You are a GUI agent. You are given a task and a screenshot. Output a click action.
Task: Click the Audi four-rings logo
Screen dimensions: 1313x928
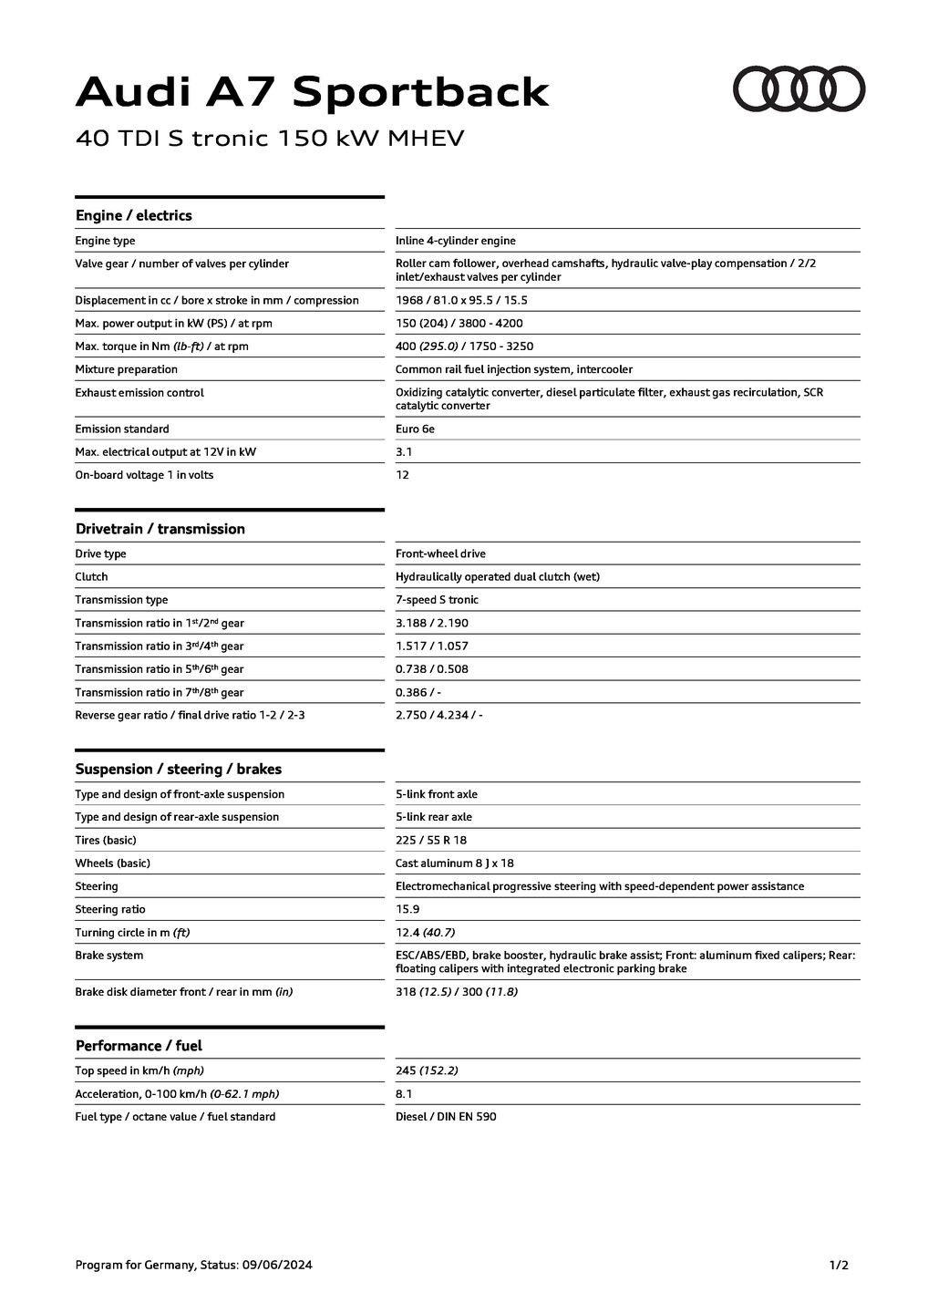tap(799, 89)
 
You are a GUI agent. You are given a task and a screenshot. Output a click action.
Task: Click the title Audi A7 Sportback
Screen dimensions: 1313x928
tap(312, 92)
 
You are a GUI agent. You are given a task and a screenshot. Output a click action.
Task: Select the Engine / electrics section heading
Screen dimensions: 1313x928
tap(133, 215)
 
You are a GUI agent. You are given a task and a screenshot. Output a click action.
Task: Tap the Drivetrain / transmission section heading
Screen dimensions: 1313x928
tap(160, 529)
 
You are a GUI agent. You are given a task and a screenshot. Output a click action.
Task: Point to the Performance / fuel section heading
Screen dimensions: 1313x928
tap(139, 1046)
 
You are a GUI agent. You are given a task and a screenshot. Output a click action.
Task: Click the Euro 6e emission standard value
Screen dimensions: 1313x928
tap(415, 429)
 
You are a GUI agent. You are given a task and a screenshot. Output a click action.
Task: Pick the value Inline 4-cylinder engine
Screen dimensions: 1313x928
tap(455, 241)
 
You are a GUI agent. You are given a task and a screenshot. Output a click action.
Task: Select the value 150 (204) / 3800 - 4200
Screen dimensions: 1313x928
tap(459, 323)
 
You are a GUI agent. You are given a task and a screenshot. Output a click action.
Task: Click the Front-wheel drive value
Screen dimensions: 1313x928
tap(440, 553)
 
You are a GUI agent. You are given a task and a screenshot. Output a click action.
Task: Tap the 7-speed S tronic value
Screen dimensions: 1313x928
tap(437, 600)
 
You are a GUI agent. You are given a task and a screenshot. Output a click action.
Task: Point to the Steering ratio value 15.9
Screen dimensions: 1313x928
tap(407, 909)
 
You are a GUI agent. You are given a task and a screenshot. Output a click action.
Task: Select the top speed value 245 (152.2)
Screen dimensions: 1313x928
tap(427, 1070)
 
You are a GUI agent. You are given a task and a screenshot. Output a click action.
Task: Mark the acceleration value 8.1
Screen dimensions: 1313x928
tap(404, 1093)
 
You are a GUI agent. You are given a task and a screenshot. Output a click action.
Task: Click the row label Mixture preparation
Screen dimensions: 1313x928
tap(126, 369)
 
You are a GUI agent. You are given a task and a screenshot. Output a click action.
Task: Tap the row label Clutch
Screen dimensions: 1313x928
tap(91, 576)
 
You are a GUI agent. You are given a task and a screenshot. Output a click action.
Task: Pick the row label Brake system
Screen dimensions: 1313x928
tap(108, 956)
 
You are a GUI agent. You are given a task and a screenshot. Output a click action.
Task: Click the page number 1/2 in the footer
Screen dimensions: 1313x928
tap(839, 1265)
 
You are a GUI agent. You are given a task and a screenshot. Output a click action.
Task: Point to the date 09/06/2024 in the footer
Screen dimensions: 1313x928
tap(276, 1265)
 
